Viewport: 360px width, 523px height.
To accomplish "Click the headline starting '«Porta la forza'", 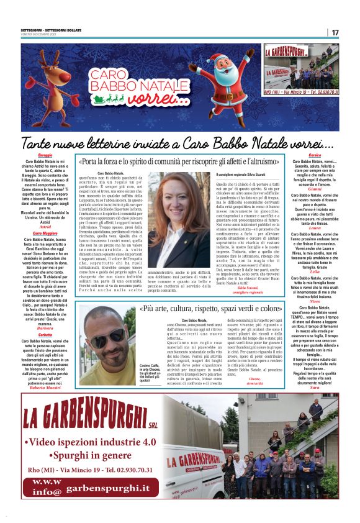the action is (x=180, y=161).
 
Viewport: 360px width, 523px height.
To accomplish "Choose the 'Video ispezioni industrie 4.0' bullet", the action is (x=91, y=442).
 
